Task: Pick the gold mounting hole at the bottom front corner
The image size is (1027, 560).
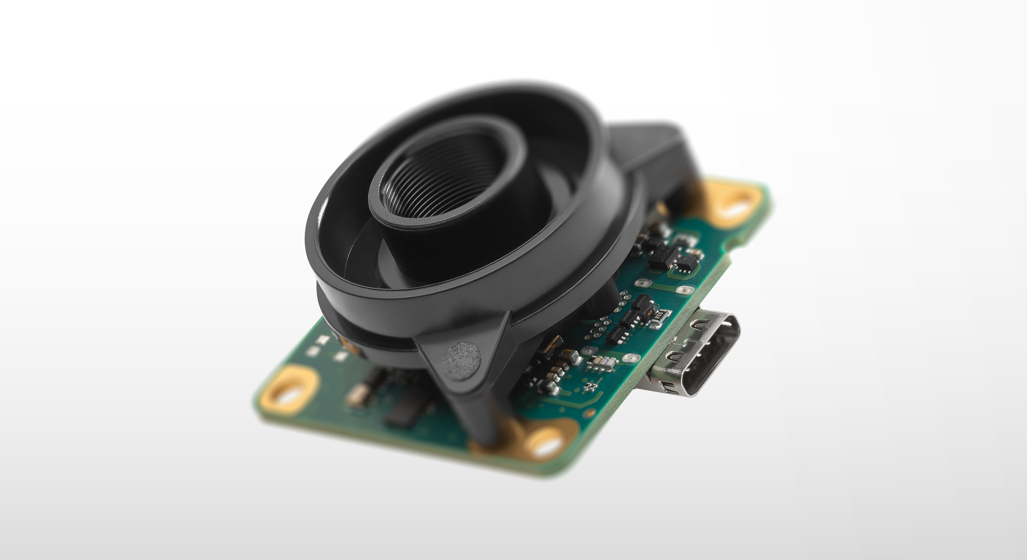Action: coord(546,442)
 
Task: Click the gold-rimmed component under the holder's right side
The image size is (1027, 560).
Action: coord(551,345)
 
